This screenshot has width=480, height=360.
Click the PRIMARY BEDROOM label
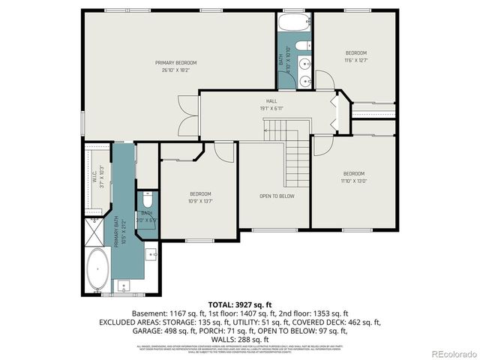(x=176, y=62)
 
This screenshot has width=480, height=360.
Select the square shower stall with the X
(x=95, y=232)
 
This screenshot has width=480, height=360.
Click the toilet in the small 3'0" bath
(x=147, y=201)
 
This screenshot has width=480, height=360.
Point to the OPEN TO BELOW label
(x=277, y=196)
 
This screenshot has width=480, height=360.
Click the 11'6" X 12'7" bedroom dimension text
(x=355, y=61)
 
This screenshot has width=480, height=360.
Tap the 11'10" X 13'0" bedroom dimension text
(x=354, y=181)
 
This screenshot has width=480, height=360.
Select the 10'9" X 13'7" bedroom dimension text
(x=200, y=200)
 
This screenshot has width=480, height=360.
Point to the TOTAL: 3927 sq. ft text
(x=239, y=304)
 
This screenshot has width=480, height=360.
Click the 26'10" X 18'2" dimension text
(x=176, y=70)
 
